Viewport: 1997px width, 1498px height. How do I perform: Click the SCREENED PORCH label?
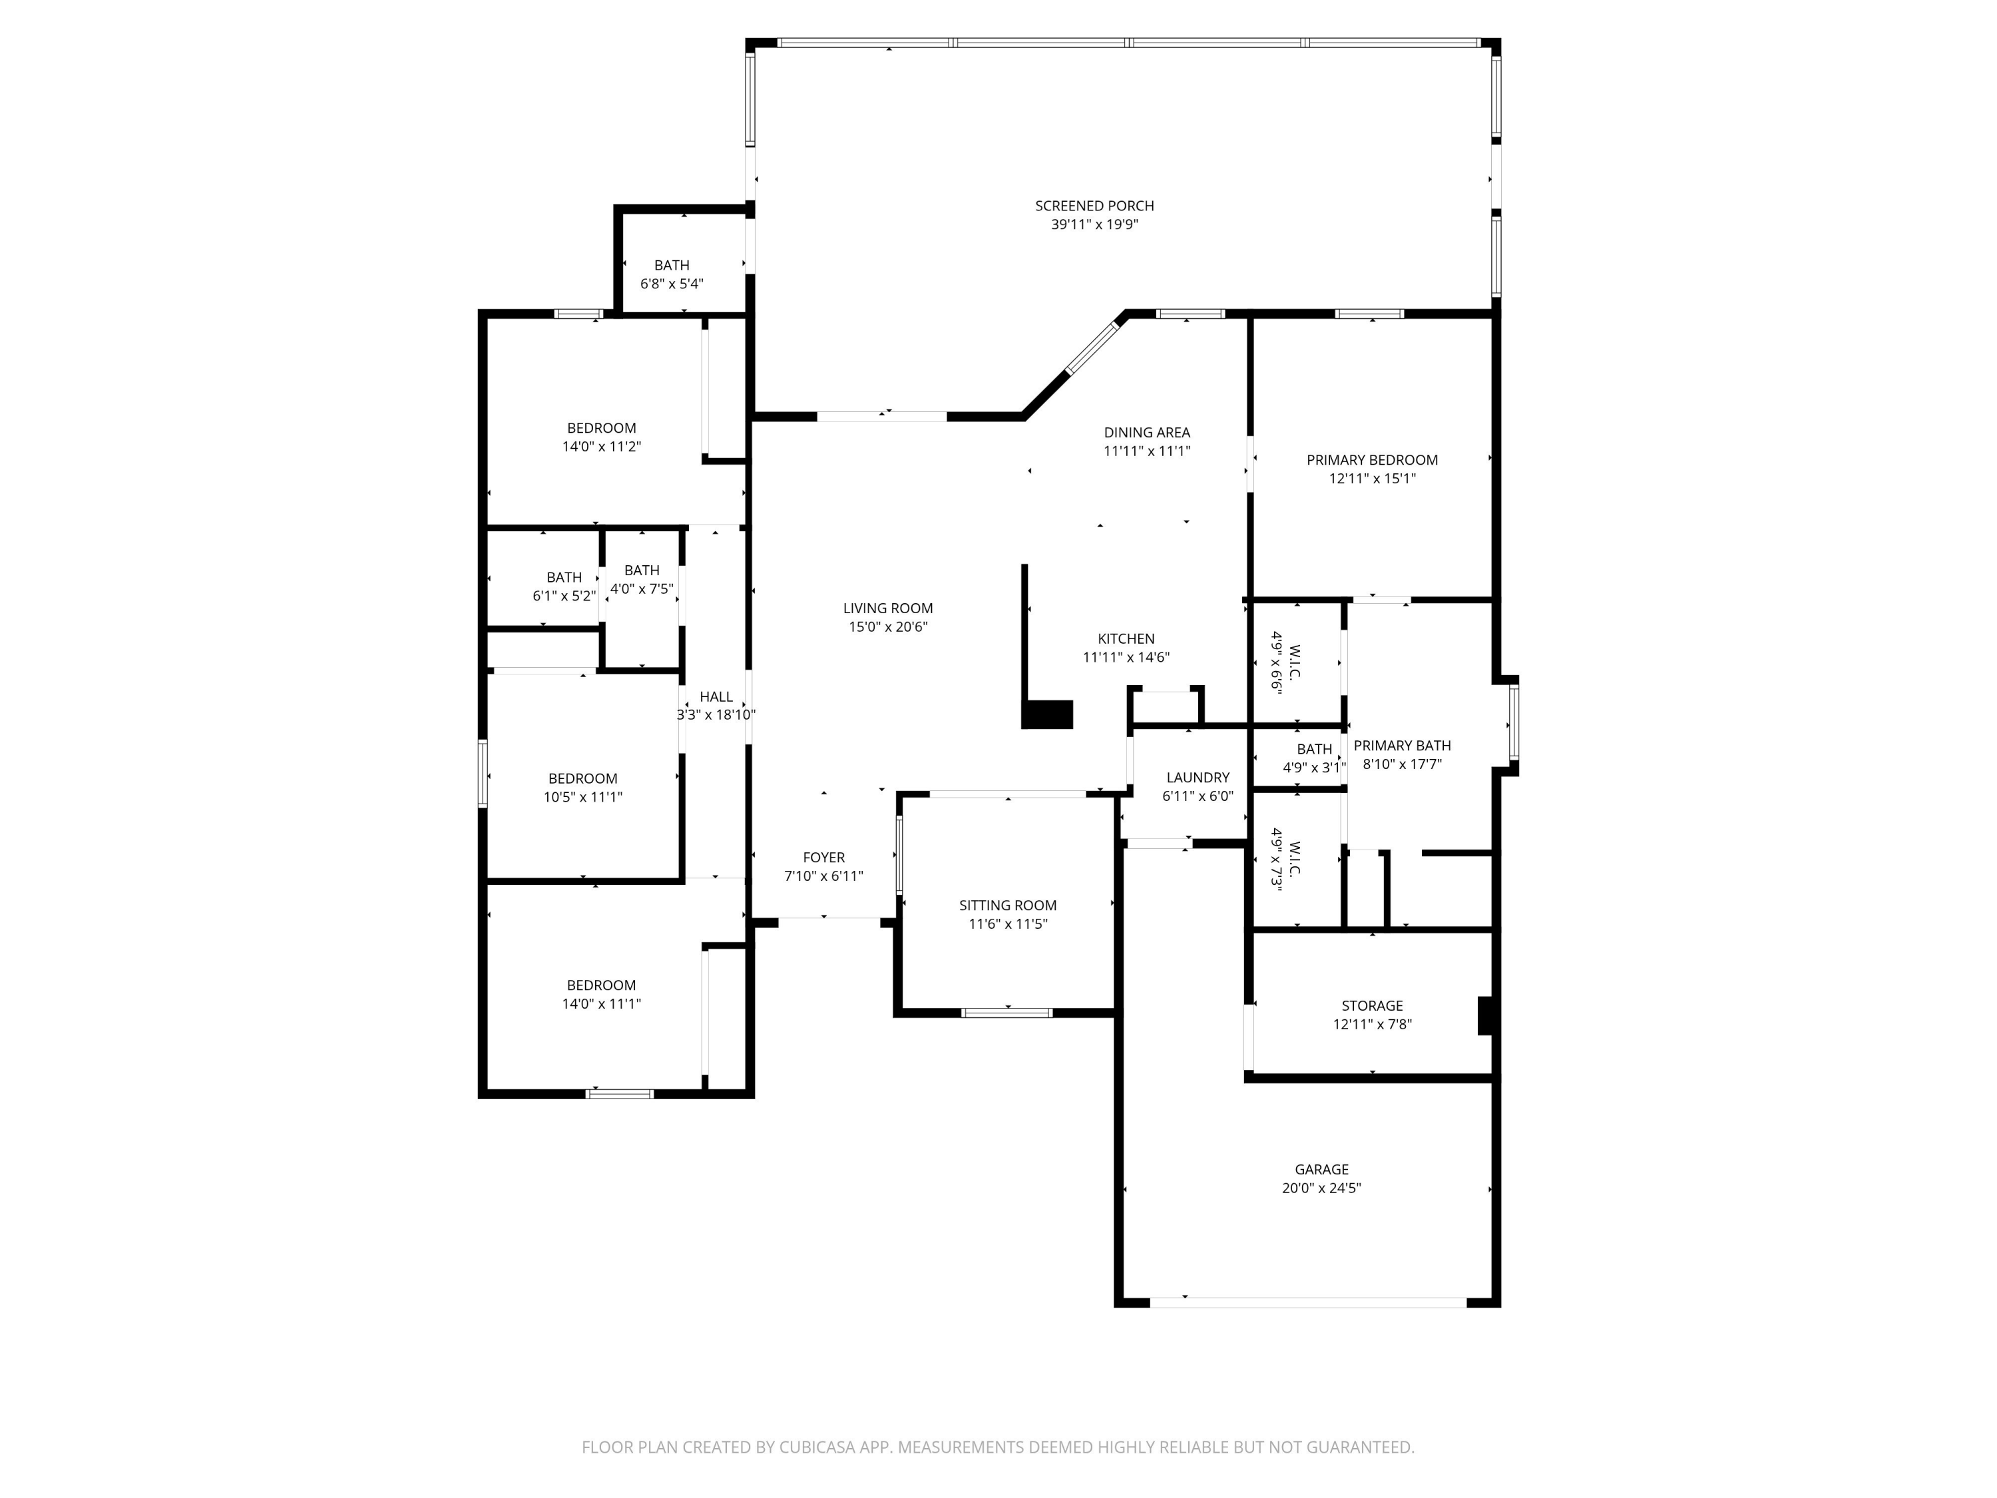[1094, 206]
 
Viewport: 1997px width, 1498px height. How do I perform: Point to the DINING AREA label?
[1146, 433]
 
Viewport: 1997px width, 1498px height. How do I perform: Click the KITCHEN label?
[1126, 639]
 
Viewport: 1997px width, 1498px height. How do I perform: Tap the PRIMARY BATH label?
[1402, 746]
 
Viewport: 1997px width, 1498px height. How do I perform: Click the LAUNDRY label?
[1198, 778]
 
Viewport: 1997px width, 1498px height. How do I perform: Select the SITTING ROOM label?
[1008, 905]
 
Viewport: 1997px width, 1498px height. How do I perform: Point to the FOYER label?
[823, 858]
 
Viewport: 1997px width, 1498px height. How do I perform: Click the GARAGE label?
[1322, 1169]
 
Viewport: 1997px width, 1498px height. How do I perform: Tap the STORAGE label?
[1372, 1006]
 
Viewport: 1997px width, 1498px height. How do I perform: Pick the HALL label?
[716, 697]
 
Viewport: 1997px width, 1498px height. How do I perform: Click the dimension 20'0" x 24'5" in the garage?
[1322, 1188]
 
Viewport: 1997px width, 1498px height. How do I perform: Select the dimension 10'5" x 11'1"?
[583, 798]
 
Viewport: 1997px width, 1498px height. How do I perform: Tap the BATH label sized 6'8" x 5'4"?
[672, 266]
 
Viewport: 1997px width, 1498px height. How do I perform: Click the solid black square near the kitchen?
[1047, 714]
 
